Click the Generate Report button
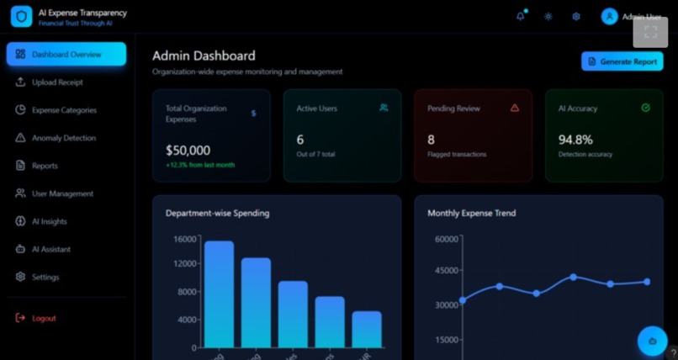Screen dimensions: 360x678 622,61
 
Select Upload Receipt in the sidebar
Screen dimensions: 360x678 57,82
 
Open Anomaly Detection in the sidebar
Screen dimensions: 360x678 63,138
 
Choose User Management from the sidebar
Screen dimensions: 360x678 62,193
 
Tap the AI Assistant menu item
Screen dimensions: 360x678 50,249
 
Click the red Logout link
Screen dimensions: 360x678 44,318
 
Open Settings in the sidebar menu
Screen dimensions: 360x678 45,277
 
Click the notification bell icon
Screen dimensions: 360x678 520,16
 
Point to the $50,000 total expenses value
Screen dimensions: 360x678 188,151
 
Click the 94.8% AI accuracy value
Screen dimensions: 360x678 575,140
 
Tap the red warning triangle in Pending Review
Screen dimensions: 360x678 515,108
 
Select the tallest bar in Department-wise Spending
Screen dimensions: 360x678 219,294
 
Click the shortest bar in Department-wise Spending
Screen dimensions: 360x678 367,329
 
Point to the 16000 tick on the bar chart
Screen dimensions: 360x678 184,239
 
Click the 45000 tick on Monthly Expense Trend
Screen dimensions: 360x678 446,271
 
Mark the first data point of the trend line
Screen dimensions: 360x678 463,299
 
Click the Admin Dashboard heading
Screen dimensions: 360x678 204,56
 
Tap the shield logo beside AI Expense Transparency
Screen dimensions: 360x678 21,17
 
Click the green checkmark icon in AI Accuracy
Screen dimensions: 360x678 645,108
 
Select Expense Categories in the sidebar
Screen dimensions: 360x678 64,110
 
